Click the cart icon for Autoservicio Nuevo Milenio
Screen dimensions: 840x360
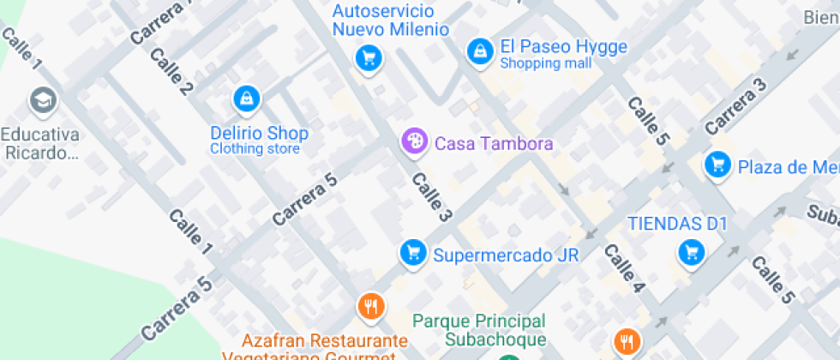(x=369, y=58)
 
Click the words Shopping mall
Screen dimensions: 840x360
(x=545, y=63)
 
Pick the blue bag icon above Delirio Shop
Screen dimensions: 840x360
(x=247, y=99)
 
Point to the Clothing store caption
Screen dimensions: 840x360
(x=255, y=149)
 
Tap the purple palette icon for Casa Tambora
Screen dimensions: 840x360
(x=414, y=142)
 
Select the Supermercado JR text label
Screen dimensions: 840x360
(x=506, y=255)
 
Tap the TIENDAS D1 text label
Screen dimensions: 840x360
(x=677, y=224)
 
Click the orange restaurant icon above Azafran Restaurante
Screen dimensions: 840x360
(x=370, y=305)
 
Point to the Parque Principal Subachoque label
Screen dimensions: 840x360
(x=478, y=329)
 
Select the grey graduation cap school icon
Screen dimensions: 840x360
(x=41, y=102)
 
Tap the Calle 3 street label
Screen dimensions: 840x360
(x=432, y=197)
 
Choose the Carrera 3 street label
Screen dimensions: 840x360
(x=735, y=106)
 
